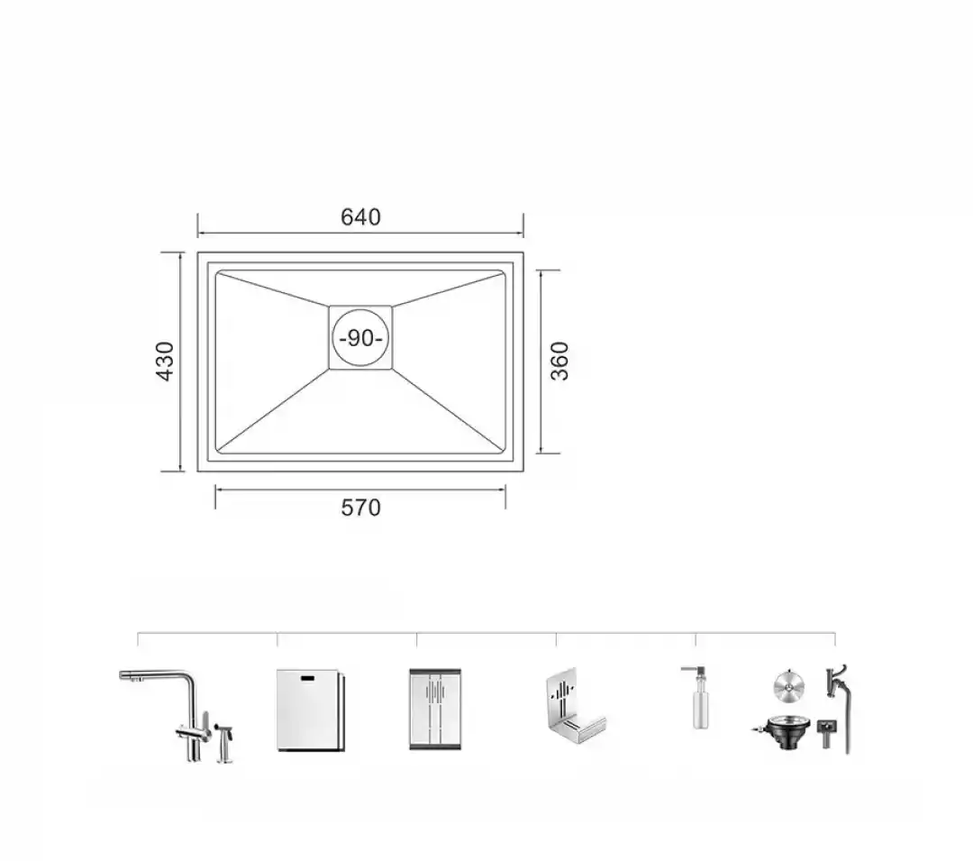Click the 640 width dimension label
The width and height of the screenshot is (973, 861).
360,216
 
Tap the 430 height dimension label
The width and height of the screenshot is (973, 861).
165,361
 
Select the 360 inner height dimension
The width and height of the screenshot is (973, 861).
559,361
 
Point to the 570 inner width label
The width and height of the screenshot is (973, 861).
360,508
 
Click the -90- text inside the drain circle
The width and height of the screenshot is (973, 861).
360,338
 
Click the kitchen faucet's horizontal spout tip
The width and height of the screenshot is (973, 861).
123,674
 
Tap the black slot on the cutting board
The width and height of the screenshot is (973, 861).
308,678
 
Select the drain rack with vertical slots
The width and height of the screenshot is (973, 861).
435,709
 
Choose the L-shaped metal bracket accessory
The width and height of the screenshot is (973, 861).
574,708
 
